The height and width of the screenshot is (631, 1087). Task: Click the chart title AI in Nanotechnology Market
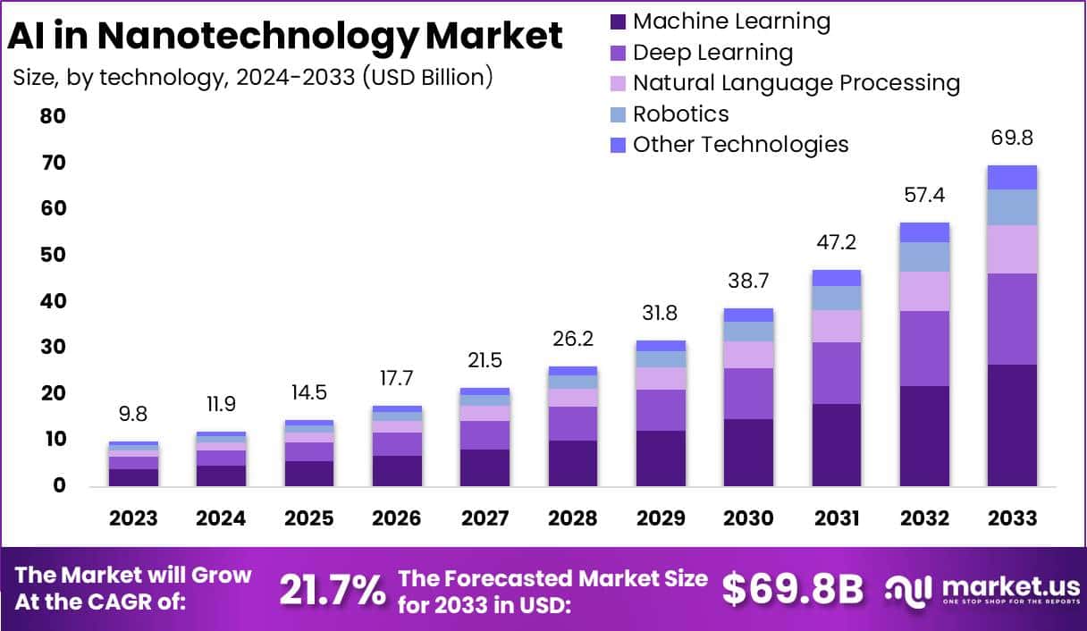(x=285, y=36)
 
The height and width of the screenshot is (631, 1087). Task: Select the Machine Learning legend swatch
(x=618, y=21)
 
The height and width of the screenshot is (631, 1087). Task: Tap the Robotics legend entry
(x=680, y=114)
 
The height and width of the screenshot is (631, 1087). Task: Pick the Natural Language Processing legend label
(x=796, y=83)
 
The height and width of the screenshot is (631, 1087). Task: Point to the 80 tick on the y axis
(x=53, y=117)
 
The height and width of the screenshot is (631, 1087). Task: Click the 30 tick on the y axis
(x=53, y=347)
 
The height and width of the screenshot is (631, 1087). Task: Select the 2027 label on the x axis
(x=485, y=518)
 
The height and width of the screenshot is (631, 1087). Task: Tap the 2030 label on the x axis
(x=748, y=518)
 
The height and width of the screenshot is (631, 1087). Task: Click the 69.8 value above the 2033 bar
(x=1012, y=138)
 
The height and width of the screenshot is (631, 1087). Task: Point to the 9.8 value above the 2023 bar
(x=133, y=415)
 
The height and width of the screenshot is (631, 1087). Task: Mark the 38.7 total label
(x=748, y=281)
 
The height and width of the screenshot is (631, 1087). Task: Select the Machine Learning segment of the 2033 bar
(x=1012, y=425)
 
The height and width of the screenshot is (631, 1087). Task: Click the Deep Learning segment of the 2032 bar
(x=924, y=349)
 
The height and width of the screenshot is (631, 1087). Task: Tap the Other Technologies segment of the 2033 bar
(x=1012, y=177)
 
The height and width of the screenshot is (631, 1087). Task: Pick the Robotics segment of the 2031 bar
(x=837, y=298)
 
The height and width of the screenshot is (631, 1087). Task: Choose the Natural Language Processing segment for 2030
(x=748, y=355)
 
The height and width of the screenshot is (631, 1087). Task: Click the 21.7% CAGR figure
(x=333, y=590)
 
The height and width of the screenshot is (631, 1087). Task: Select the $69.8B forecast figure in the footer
(x=793, y=589)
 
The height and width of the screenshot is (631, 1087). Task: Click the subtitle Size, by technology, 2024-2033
(x=253, y=78)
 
